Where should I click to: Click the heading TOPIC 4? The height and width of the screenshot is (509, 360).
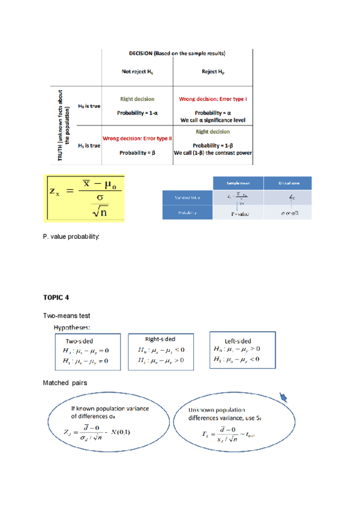[56, 297]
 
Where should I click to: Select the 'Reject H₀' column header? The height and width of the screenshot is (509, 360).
[212, 72]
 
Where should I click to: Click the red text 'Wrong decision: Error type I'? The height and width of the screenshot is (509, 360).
[213, 98]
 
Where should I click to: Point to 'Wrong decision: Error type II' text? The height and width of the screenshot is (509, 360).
[137, 139]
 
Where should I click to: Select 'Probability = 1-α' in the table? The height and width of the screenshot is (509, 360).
[137, 113]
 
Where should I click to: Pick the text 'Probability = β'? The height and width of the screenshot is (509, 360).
[137, 152]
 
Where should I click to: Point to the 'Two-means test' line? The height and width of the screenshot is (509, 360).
[66, 315]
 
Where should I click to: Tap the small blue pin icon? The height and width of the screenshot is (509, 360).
[283, 397]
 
